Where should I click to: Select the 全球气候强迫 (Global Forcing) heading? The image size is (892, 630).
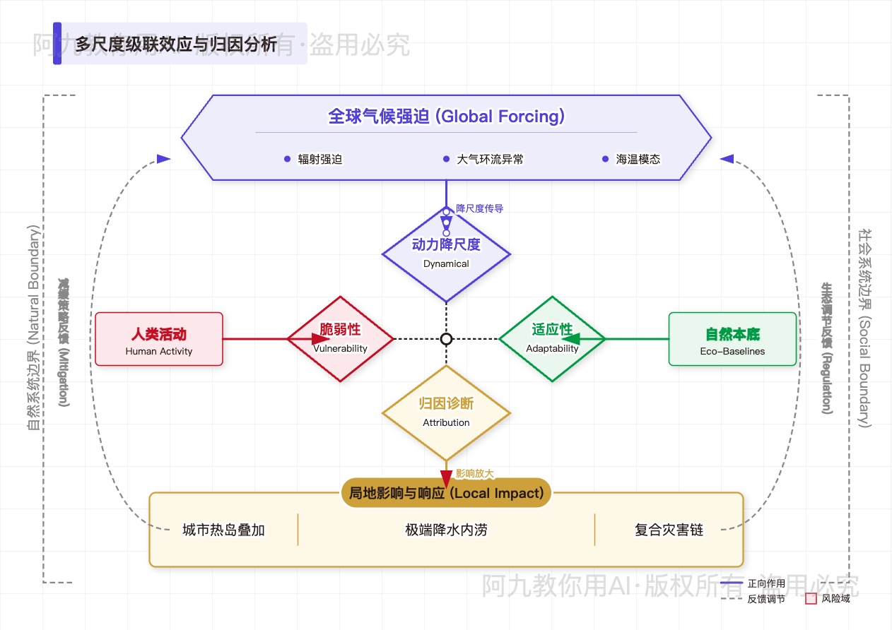(x=446, y=117)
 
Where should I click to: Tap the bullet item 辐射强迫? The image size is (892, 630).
(x=319, y=160)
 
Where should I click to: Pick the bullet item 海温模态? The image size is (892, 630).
(x=638, y=160)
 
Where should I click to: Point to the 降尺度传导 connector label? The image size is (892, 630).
(x=479, y=208)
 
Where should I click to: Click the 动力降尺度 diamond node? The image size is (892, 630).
(x=446, y=253)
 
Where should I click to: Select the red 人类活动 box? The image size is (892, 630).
(x=159, y=339)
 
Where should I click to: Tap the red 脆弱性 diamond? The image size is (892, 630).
(x=340, y=339)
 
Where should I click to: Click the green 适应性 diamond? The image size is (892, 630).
(x=552, y=339)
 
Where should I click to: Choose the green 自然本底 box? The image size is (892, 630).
(x=732, y=339)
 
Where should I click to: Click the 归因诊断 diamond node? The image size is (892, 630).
(x=446, y=412)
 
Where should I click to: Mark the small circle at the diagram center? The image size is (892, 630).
(x=446, y=339)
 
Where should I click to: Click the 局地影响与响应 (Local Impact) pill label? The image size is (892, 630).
(x=446, y=493)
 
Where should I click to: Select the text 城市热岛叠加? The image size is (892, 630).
(x=223, y=530)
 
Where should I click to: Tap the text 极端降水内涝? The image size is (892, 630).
(x=446, y=530)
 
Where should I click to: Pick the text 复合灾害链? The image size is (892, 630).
(x=669, y=530)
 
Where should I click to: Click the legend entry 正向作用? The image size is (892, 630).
(x=766, y=583)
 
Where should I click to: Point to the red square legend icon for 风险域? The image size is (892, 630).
(x=811, y=599)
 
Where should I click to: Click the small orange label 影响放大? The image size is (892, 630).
(x=474, y=473)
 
